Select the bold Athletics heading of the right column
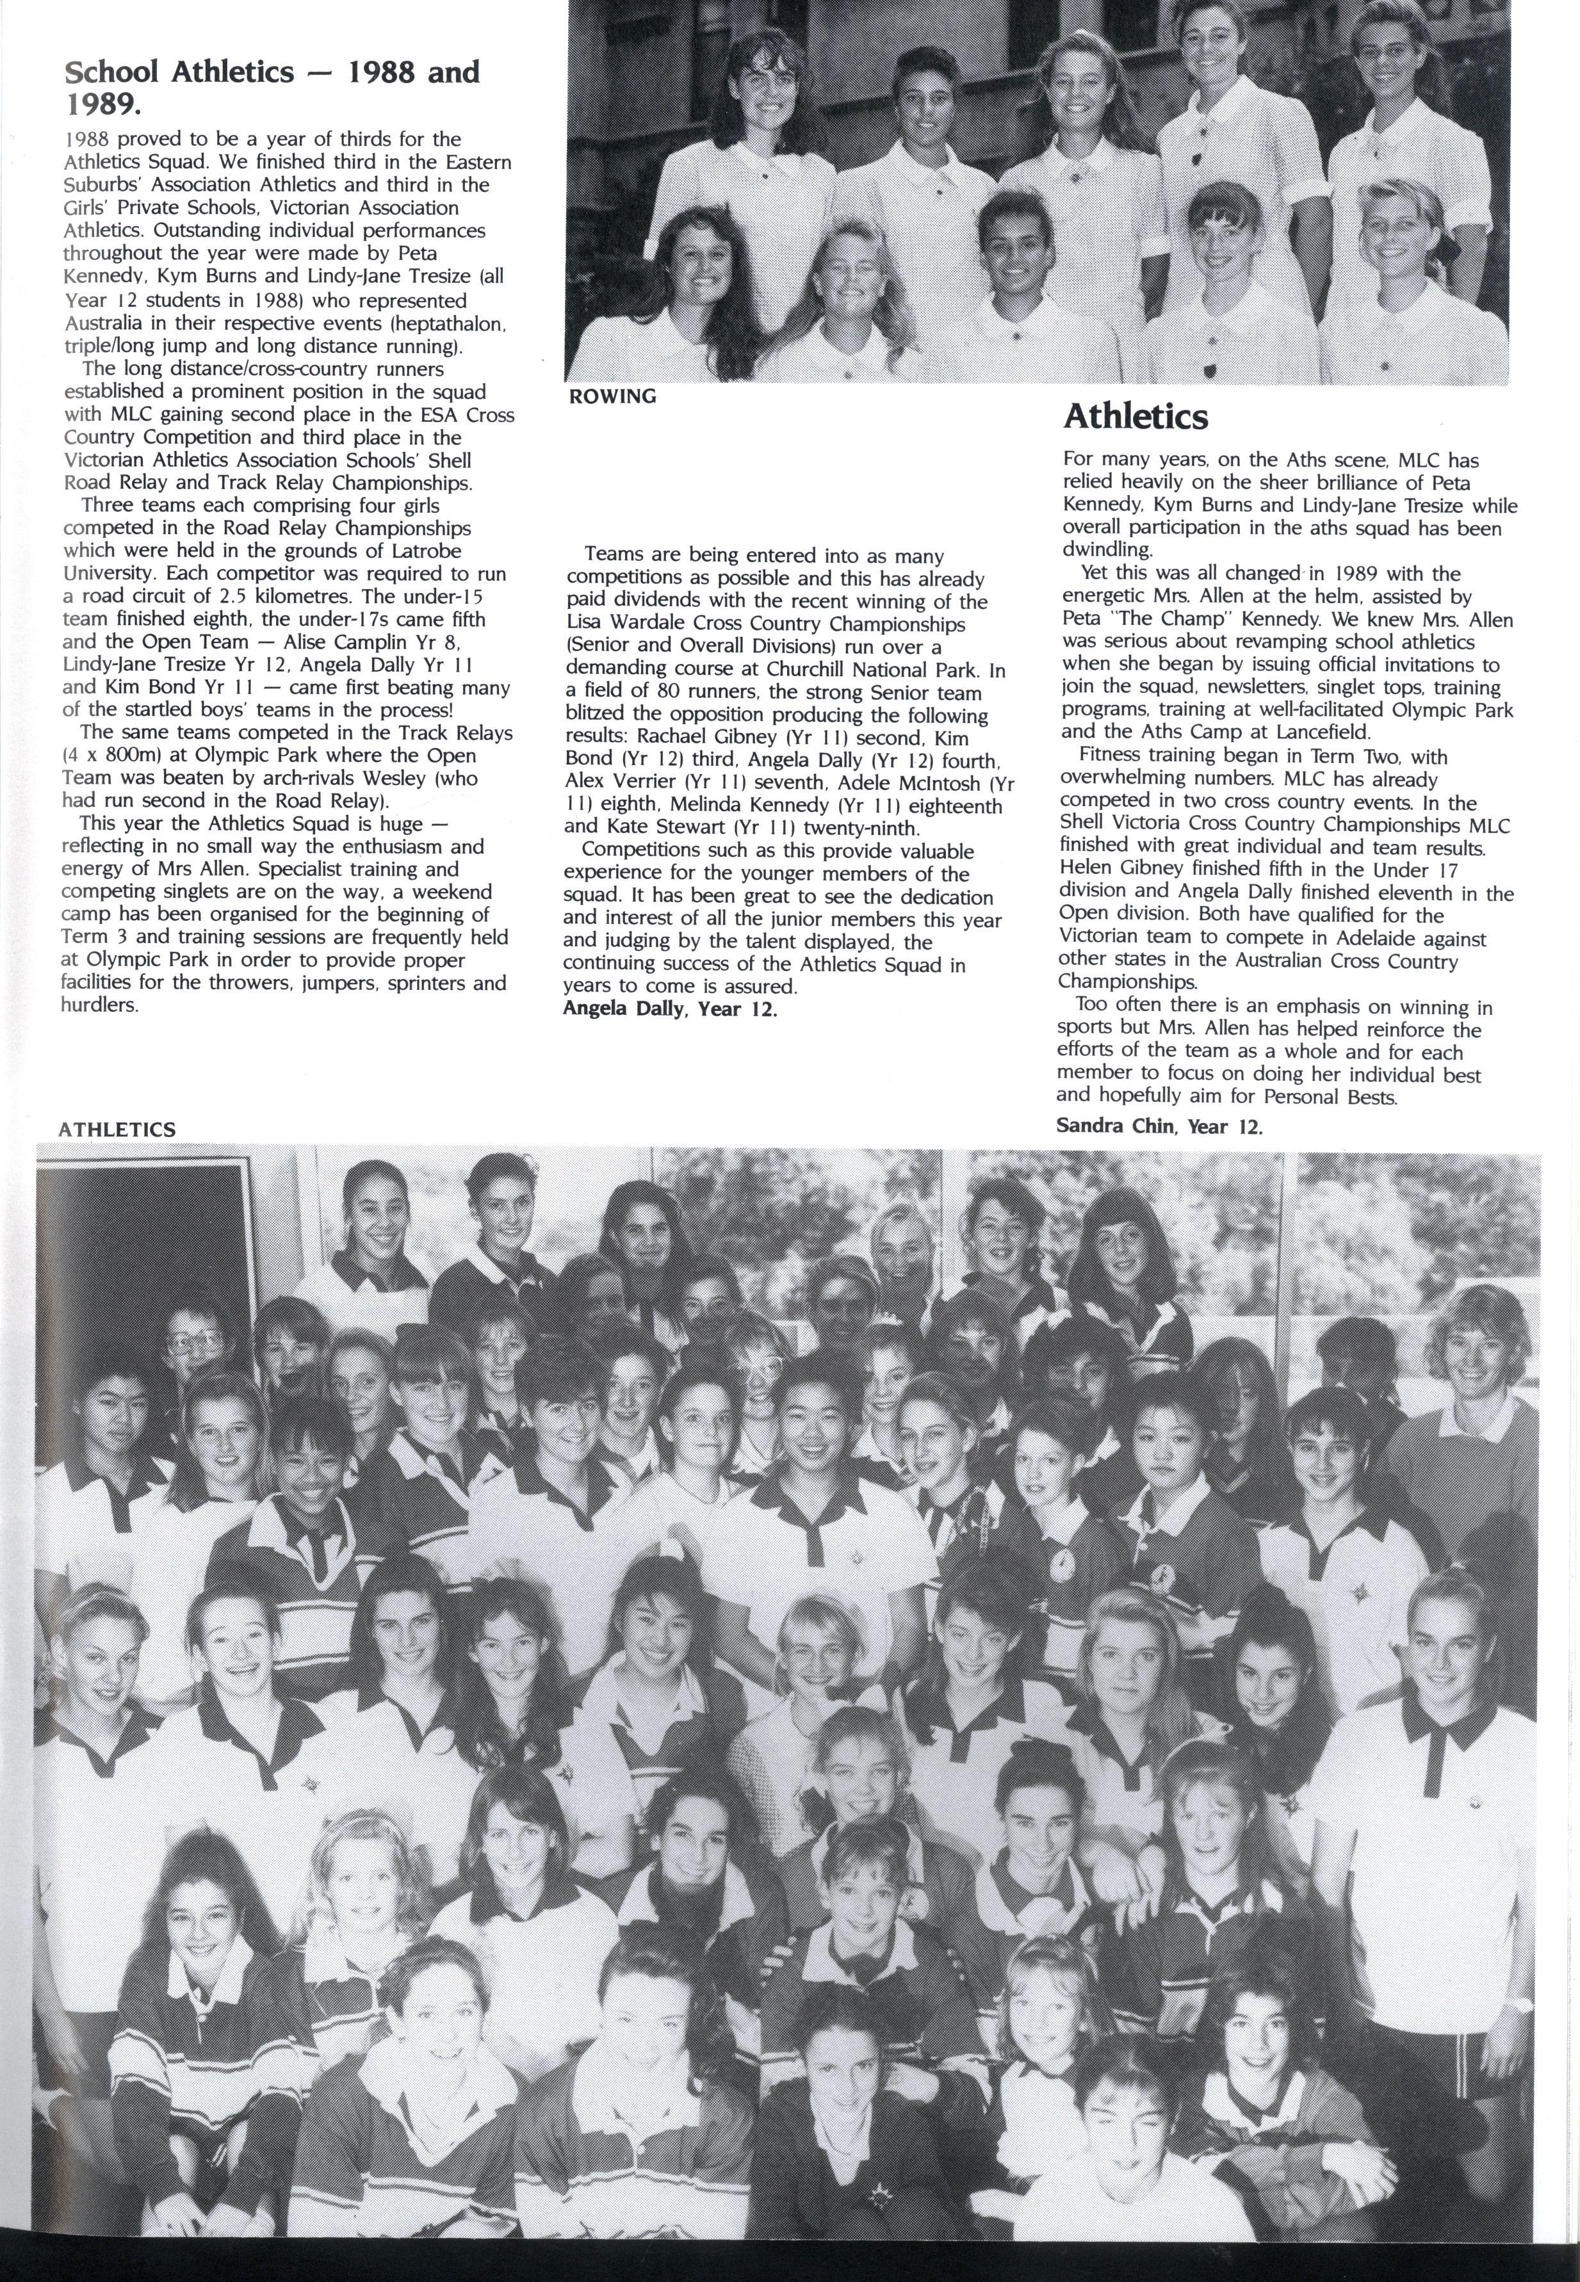[1136, 417]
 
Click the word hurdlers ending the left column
[100, 1005]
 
